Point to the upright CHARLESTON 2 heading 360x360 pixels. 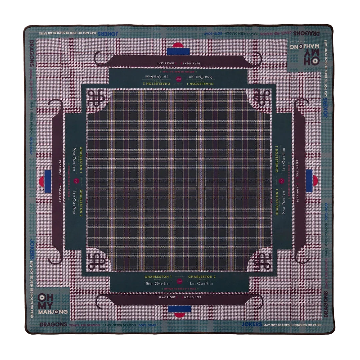tap(202, 277)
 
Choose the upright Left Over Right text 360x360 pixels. tap(202, 284)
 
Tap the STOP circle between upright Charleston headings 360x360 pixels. tap(180, 282)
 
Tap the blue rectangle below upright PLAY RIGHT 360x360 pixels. tap(179, 309)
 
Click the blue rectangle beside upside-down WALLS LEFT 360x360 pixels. tap(179, 51)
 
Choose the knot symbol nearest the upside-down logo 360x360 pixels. tap(263, 99)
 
